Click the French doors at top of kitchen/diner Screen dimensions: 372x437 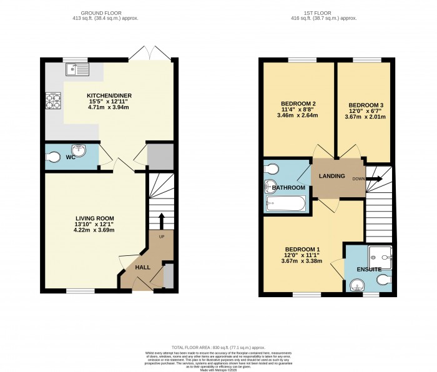149,54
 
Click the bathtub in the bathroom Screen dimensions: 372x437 285,203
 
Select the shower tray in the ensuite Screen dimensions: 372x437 380,255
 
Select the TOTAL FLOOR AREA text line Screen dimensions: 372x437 219,347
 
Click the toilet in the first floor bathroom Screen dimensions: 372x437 272,169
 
